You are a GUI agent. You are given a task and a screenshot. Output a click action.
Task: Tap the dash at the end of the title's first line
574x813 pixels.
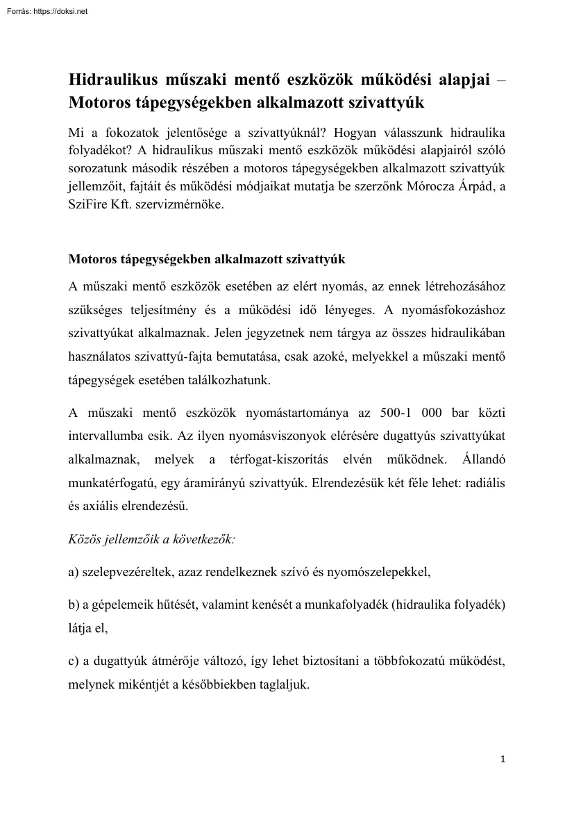tap(501, 80)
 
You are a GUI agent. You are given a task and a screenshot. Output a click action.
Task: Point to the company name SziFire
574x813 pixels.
tap(90, 206)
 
